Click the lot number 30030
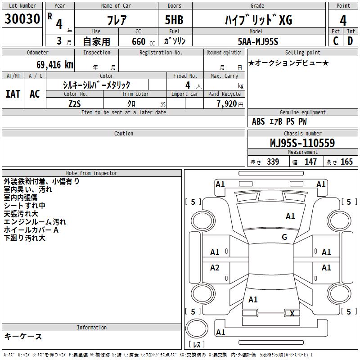pos(22,19)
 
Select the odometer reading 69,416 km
pos(54,65)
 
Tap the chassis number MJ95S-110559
pos(302,143)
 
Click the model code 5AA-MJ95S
pos(258,41)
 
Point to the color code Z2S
pos(75,104)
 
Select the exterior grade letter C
pos(336,41)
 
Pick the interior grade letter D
pos(350,41)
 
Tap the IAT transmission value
pos(13,94)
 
